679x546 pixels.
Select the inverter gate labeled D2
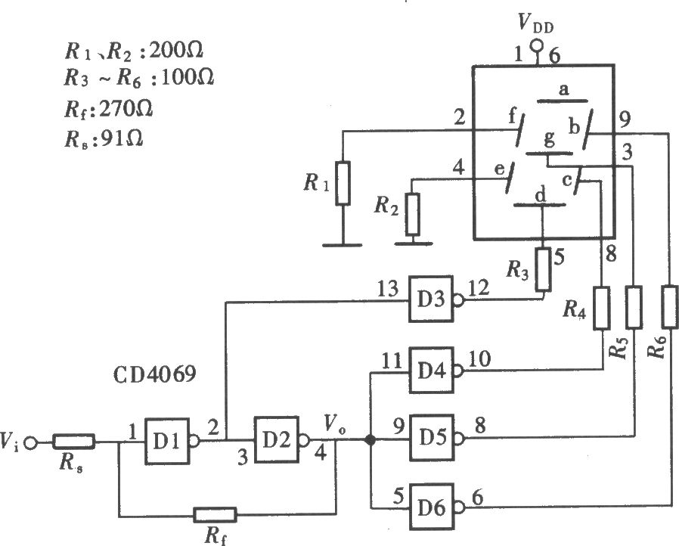(x=280, y=440)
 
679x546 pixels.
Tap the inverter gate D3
(x=434, y=299)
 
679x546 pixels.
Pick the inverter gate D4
(x=434, y=371)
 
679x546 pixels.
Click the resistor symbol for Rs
(x=73, y=441)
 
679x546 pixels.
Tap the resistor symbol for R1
(x=343, y=183)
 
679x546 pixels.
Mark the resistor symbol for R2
(x=413, y=214)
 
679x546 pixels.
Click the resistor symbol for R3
(x=544, y=269)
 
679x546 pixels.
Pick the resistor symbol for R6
(x=669, y=306)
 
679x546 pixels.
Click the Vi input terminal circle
(x=30, y=442)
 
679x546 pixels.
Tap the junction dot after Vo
(x=371, y=440)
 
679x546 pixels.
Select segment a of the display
(x=563, y=101)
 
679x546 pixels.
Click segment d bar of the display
(x=539, y=204)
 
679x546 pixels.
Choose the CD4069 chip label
(x=155, y=374)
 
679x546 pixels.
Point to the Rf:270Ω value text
(x=108, y=109)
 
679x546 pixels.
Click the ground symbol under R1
(x=342, y=245)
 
